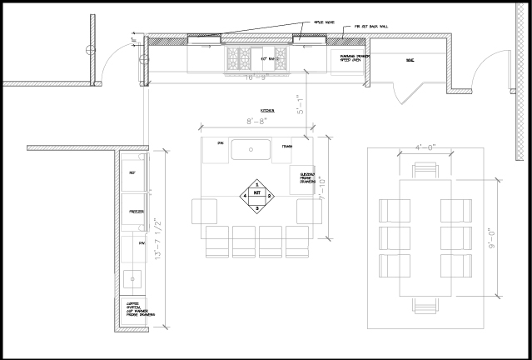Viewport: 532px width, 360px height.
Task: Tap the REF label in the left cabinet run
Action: (131, 172)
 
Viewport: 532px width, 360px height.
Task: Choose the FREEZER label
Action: (137, 212)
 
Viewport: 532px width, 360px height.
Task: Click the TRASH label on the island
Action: (286, 146)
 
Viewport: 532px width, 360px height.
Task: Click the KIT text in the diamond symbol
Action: (256, 196)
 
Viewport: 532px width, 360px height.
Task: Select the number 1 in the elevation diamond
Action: (256, 184)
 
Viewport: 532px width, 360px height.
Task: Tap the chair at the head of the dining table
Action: (425, 172)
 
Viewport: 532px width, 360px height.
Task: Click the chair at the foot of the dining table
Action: (425, 306)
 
